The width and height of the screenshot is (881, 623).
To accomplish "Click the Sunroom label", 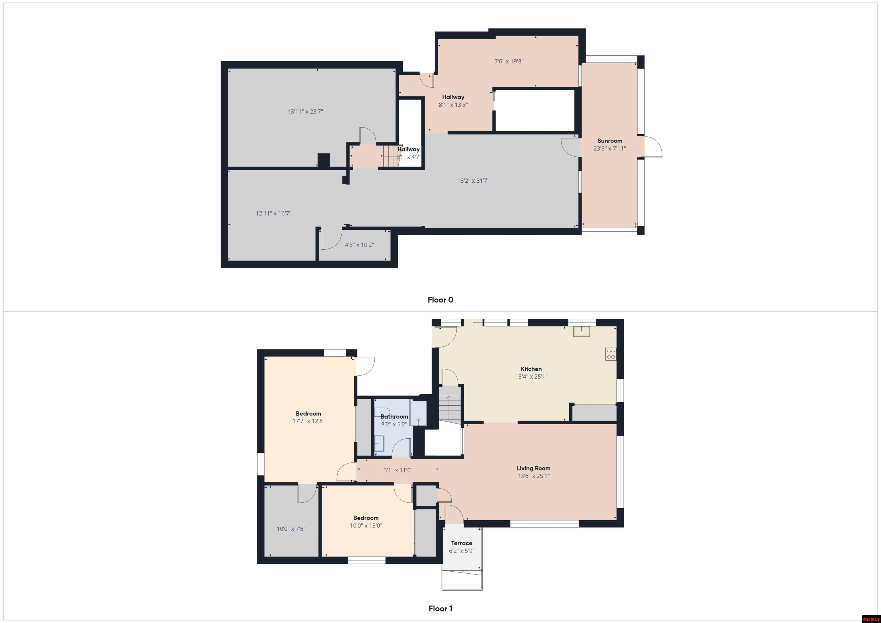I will [610, 141].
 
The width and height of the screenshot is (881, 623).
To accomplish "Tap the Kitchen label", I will [531, 369].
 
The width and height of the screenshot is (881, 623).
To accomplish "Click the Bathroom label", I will [394, 417].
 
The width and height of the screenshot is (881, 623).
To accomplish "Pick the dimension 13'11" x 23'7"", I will [305, 112].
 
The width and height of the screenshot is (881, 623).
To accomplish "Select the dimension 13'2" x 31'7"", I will [473, 181].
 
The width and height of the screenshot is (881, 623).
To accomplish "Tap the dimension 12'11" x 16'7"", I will [274, 213].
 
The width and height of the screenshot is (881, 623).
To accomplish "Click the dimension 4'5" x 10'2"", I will [359, 245].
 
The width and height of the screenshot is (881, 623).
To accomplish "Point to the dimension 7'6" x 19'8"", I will [509, 61].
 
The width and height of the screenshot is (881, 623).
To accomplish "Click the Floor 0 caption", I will [440, 300].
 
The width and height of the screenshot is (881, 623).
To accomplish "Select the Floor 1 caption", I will [440, 609].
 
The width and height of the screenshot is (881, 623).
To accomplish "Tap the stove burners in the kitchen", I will [611, 354].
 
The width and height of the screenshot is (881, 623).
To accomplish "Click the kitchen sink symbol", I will [582, 331].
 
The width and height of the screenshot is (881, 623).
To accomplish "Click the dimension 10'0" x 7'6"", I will [291, 529].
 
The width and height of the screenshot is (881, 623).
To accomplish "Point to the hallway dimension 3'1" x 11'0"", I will [398, 470].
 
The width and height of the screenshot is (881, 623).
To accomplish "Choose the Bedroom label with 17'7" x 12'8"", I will [308, 413].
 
